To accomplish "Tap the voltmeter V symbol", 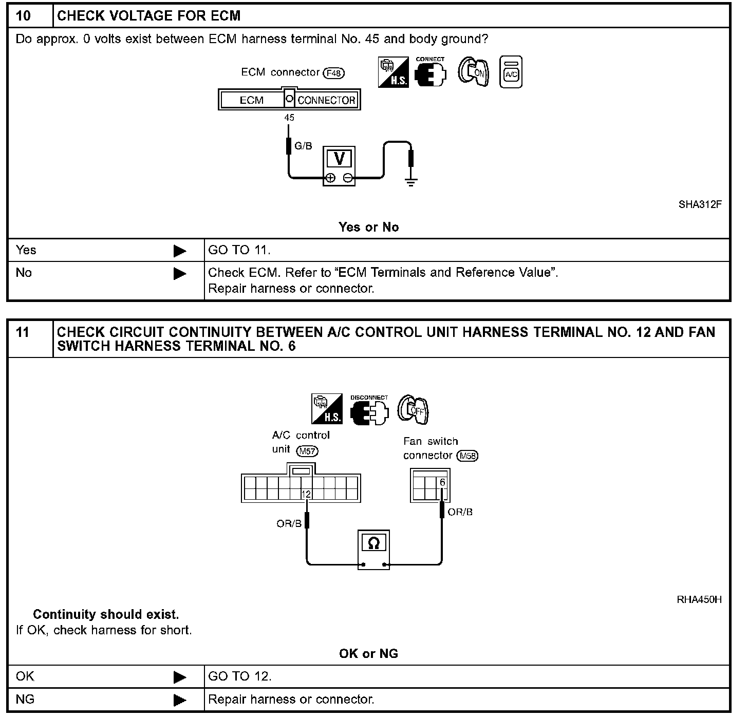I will click(x=339, y=159).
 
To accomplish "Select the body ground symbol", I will click(x=410, y=180).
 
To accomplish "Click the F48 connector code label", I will click(x=333, y=73).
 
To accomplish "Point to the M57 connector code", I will click(x=307, y=451).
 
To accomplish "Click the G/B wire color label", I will click(x=303, y=146).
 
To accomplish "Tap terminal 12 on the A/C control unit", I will click(x=306, y=494).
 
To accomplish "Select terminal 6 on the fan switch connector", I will click(x=442, y=483).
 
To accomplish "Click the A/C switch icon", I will click(x=511, y=72).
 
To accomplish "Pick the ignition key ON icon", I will click(x=474, y=72).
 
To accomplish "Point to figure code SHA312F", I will click(x=700, y=204).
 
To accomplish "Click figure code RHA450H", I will click(x=699, y=599).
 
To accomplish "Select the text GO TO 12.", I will click(x=239, y=676).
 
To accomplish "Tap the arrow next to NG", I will click(x=180, y=700).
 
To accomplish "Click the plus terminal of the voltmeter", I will click(x=330, y=178).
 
